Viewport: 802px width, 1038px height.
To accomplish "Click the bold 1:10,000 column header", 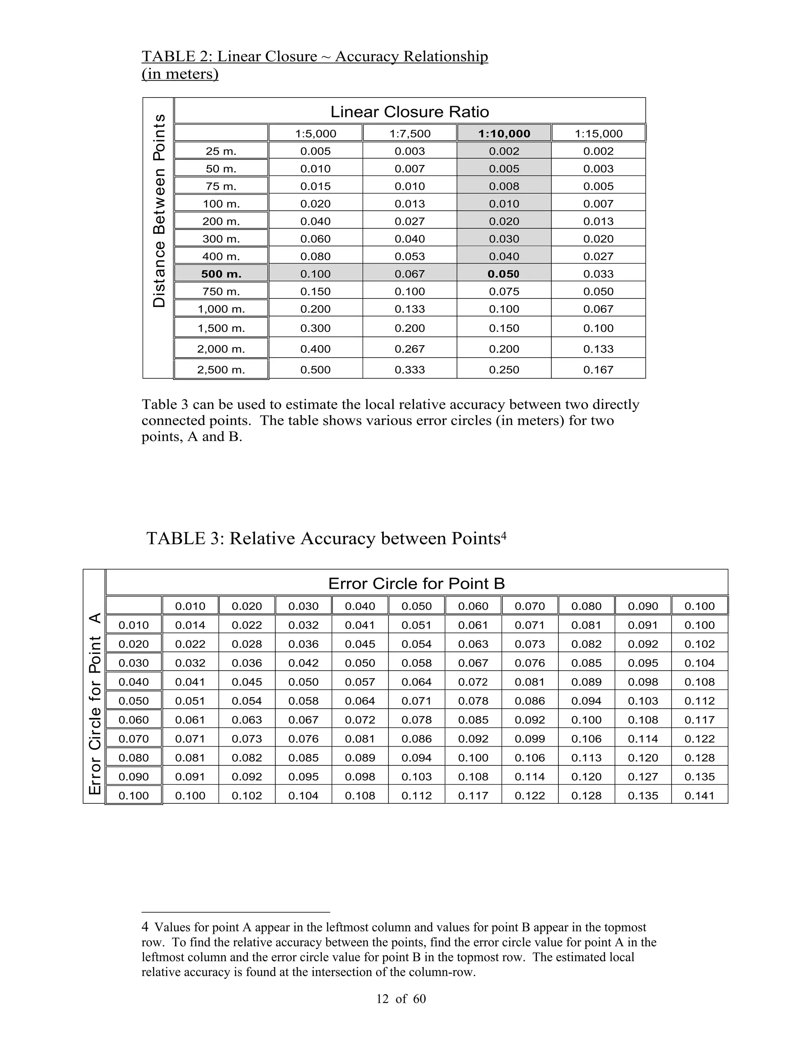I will coord(504,134).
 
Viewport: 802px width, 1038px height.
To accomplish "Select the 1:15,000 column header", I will coord(599,134).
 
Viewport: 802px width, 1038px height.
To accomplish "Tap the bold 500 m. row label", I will coord(221,274).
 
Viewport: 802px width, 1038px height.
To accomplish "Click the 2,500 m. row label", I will coord(221,370).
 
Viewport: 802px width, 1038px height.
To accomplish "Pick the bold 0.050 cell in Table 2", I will coord(504,274).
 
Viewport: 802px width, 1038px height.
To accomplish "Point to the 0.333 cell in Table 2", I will coord(410,370).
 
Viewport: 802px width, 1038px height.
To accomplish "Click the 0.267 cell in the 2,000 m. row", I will coord(410,349).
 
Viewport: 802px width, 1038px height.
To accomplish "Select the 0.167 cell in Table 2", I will coord(599,370).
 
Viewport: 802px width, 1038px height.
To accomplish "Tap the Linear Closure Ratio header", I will coord(410,112).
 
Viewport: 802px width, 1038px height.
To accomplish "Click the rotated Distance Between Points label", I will coord(159,211).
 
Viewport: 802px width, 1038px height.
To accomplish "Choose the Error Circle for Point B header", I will coord(416,583).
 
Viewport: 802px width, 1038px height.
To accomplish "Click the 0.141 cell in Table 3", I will coord(699,796).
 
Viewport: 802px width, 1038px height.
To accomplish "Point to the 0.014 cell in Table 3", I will coord(190,625).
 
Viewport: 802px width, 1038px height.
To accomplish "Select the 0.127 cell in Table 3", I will coord(643,777).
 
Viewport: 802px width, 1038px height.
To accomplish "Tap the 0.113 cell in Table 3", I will coord(586,758).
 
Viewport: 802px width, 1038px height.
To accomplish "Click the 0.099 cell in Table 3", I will coord(530,739).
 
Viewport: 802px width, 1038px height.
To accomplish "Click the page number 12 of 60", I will coord(401,998).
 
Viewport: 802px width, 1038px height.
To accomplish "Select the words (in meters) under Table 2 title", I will coord(180,74).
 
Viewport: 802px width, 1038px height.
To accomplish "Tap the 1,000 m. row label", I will coord(221,309).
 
